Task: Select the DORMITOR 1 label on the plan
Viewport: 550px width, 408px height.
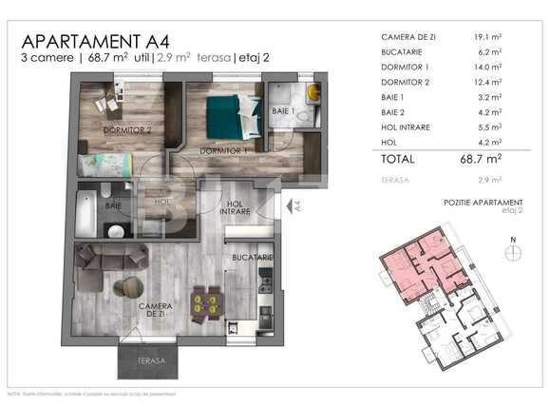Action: tap(223, 150)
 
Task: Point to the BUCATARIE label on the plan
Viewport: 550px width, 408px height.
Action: tap(253, 257)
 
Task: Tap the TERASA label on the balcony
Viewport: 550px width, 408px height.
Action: tap(150, 361)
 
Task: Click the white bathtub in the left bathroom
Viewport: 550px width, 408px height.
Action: tap(85, 213)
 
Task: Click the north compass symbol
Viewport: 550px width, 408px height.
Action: tap(514, 252)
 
